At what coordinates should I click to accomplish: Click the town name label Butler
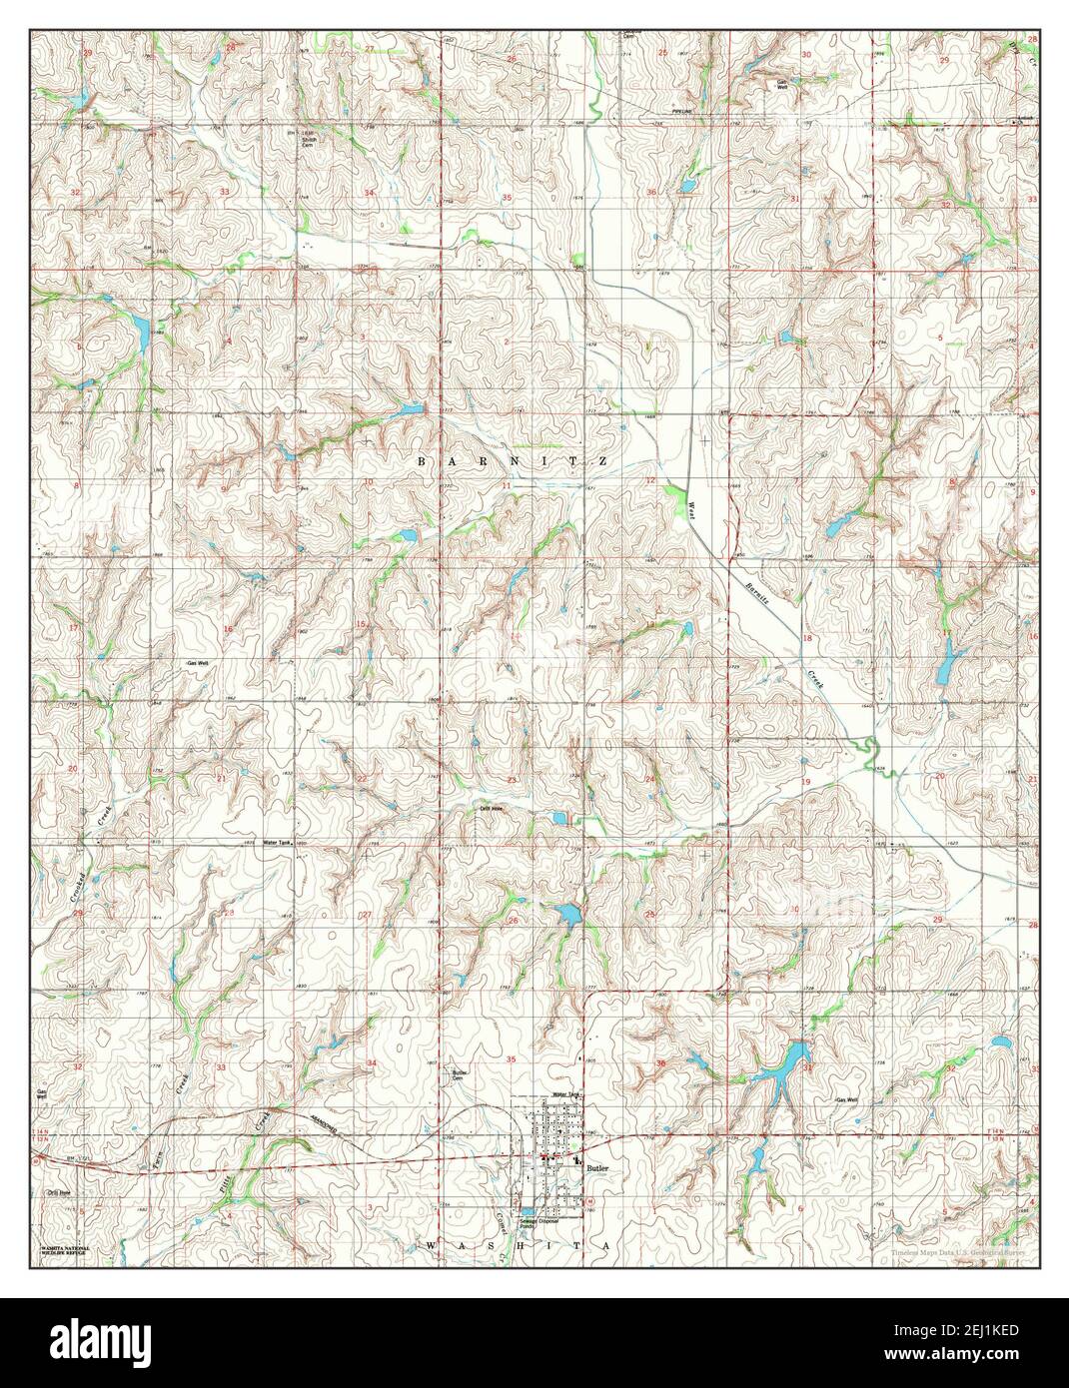click(598, 1165)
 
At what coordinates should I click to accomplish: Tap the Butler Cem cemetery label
click(461, 1075)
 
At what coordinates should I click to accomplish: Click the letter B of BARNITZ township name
click(421, 461)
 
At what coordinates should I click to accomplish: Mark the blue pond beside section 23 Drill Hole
click(559, 820)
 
